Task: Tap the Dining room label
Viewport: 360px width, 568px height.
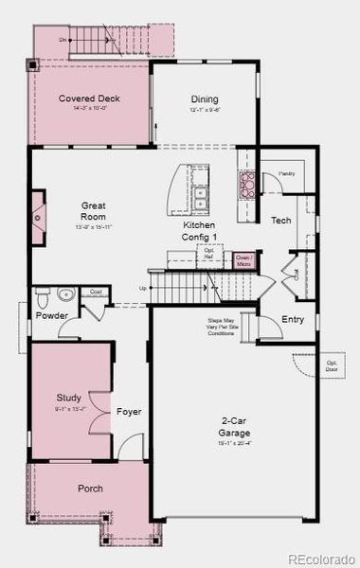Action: pos(205,99)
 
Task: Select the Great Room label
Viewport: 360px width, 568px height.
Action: pos(93,210)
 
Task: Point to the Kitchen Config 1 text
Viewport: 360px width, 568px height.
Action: pos(200,231)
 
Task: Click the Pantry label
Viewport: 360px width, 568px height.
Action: pos(287,175)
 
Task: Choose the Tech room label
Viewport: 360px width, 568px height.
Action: pos(280,220)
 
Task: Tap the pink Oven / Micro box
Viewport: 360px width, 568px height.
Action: pos(243,258)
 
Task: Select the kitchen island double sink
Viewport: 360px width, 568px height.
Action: pos(201,198)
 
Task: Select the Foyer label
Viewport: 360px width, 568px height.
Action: pos(128,412)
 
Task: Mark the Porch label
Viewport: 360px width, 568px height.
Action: pos(90,488)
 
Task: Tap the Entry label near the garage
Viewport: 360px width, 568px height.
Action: pos(293,319)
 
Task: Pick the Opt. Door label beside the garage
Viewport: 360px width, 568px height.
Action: pos(333,365)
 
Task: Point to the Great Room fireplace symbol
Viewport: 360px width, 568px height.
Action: pos(37,217)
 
